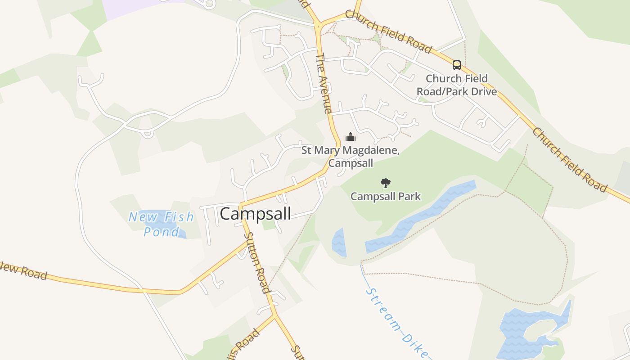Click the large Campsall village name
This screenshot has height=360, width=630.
[255, 214]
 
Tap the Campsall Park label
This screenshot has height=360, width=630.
[386, 196]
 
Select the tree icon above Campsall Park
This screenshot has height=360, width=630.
[385, 183]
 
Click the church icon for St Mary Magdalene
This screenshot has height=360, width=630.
[350, 137]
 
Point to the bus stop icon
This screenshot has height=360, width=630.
[457, 65]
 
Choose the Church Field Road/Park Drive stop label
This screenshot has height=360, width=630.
[457, 85]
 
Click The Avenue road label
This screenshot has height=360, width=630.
[324, 83]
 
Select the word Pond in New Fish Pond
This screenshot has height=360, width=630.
[161, 232]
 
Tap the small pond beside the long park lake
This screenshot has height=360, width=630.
[339, 243]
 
